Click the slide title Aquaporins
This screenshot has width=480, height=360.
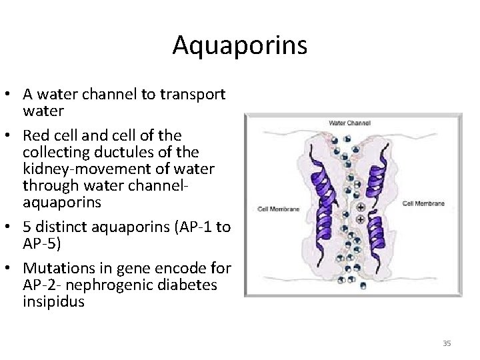[239, 45]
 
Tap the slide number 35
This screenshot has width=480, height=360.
[447, 343]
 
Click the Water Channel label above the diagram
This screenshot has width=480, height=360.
[349, 123]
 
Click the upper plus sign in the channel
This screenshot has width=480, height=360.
[361, 207]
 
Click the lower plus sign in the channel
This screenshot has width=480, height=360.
[361, 219]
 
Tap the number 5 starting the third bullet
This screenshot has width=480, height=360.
[27, 226]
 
